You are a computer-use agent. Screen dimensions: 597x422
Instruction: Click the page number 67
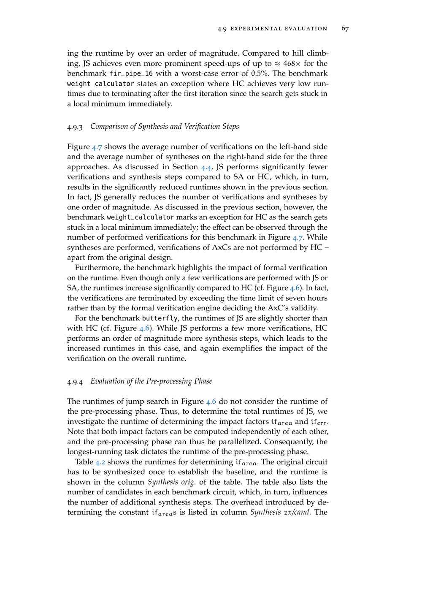tap(345, 29)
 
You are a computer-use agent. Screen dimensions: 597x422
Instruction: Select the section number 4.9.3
tap(75, 127)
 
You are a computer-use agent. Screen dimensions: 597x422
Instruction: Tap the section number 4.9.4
tap(75, 381)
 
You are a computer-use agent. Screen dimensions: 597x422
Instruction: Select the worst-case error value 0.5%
tap(260, 74)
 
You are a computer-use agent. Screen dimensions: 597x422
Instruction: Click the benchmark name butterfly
tap(160, 318)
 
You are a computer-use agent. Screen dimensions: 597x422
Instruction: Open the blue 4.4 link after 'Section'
tap(206, 167)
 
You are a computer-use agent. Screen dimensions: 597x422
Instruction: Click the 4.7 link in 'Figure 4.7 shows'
tap(97, 147)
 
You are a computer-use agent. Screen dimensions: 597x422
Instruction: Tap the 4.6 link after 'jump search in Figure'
tap(211, 402)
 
